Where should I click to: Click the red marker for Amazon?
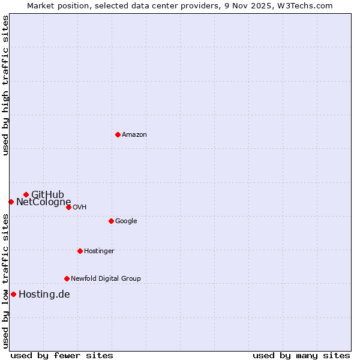point(118,134)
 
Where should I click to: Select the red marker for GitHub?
point(26,194)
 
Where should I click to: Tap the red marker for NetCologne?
point(11,202)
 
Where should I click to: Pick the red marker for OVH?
point(68,207)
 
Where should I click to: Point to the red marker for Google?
point(111,221)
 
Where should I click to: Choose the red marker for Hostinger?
point(80,251)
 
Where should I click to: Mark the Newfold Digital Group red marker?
point(67,278)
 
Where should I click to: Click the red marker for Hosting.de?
point(13,294)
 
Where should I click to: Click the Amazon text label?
point(134,135)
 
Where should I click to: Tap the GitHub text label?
point(47,194)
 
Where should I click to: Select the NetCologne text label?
point(43,202)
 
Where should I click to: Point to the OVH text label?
point(80,208)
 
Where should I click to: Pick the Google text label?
point(126,221)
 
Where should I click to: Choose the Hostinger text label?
point(99,251)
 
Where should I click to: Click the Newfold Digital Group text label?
point(106,279)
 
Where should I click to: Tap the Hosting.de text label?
point(44,295)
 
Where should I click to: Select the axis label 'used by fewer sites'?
point(62,355)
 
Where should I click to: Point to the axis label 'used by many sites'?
point(301,355)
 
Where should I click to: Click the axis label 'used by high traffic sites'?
point(5,85)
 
